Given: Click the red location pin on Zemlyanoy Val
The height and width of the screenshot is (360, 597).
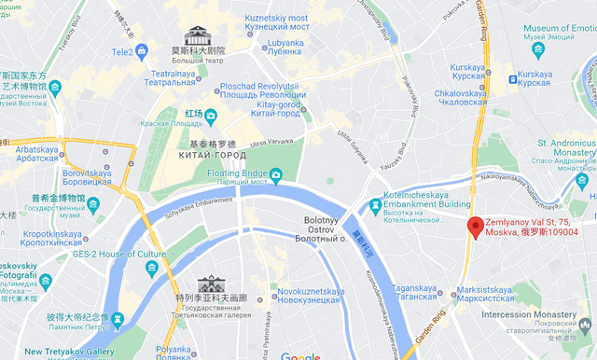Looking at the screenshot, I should pyautogui.click(x=475, y=227).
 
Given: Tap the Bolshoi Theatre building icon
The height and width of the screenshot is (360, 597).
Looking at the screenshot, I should pyautogui.click(x=197, y=37).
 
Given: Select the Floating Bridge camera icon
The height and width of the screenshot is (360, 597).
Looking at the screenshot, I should pyautogui.click(x=276, y=174).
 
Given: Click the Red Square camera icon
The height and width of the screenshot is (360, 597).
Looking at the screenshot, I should pyautogui.click(x=211, y=116).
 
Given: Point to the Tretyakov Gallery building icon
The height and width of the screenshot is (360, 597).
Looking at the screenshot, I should pyautogui.click(x=211, y=284).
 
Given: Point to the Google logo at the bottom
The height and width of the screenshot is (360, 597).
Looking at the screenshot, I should pyautogui.click(x=300, y=355).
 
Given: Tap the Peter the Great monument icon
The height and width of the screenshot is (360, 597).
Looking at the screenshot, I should pyautogui.click(x=118, y=319).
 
